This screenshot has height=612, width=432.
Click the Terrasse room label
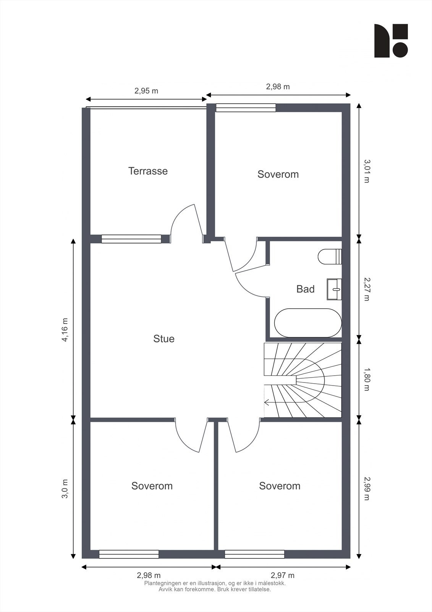[148, 171]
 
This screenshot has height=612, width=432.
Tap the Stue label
[164, 339]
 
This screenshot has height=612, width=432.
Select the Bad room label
[305, 289]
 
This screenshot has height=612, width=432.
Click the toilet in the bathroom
[330, 257]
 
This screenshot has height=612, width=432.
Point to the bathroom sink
[334, 289]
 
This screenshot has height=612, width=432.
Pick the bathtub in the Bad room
[308, 323]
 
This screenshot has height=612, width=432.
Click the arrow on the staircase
[267, 402]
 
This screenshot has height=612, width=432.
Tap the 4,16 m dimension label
[65, 330]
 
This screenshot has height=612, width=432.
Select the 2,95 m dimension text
[146, 91]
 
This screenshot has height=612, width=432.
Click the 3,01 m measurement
[367, 171]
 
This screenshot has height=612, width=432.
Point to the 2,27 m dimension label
[367, 289]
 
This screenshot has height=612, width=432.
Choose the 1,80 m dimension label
[367, 379]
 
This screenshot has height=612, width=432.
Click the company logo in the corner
[391, 41]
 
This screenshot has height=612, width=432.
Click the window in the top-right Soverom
[246, 108]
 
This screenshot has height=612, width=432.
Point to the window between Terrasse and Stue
[131, 239]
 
